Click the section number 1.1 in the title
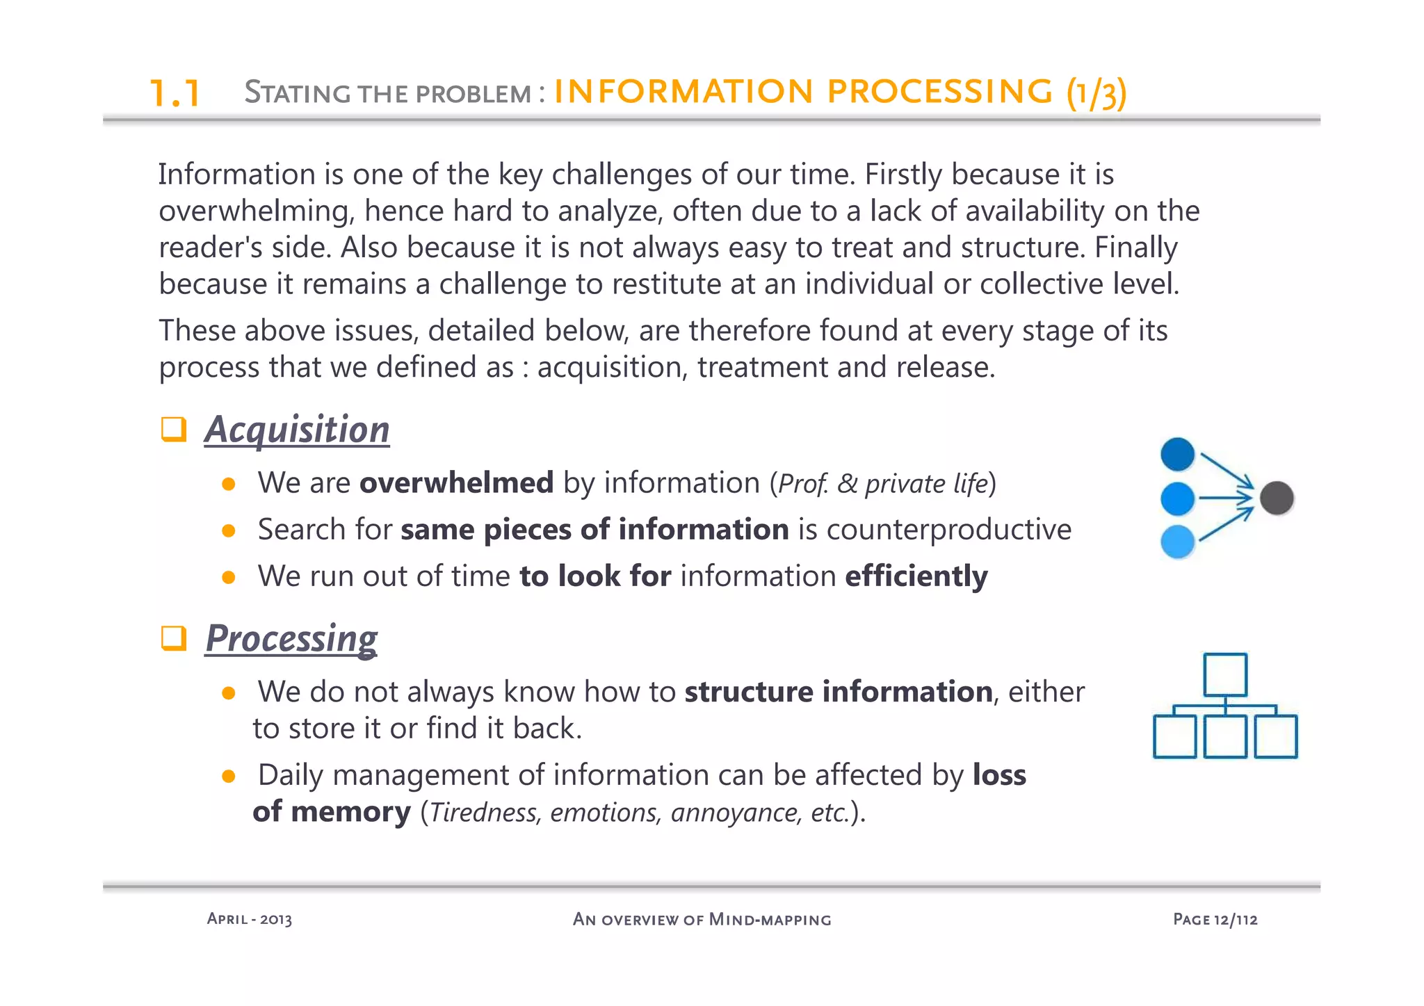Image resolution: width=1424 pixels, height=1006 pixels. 175,93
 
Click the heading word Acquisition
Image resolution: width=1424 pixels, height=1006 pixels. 297,430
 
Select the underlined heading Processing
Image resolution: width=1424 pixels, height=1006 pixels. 292,638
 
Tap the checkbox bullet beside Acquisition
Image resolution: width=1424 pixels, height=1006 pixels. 173,429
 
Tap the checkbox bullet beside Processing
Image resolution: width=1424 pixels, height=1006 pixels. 173,638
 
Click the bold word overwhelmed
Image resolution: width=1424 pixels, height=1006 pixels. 456,482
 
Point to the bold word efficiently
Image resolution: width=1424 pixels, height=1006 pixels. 916,576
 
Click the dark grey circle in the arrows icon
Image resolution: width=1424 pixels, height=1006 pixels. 1277,498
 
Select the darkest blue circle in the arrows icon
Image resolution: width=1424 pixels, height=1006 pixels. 1177,455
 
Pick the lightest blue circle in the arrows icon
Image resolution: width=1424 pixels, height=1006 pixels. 1177,542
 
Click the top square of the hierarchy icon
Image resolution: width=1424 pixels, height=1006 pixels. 1225,674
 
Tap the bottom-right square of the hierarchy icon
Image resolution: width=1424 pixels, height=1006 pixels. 1276,736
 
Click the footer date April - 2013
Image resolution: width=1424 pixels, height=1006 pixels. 250,919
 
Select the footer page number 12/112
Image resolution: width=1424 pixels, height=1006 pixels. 1236,920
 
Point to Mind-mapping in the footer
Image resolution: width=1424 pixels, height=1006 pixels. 770,920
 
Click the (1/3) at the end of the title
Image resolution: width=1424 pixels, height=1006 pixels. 1097,92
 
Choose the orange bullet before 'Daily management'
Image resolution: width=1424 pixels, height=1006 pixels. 228,776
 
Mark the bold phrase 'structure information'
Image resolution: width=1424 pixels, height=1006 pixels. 839,692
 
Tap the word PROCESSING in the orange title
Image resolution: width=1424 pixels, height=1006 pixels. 940,91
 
